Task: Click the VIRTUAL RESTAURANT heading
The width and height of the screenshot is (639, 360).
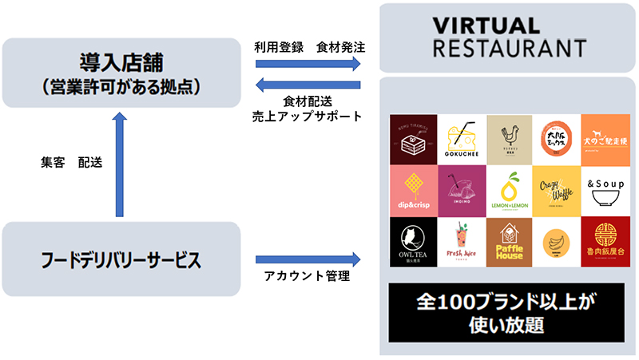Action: coord(509,37)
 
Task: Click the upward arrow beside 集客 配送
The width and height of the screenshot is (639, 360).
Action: coord(120,164)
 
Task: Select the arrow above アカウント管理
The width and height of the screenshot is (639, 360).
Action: coord(308,259)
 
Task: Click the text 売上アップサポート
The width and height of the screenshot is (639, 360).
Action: coord(308,116)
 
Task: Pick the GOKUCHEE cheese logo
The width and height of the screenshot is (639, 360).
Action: coord(462,139)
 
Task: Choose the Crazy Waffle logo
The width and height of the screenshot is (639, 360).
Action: coord(557,191)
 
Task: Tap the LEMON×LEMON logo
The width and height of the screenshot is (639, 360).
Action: coord(509,191)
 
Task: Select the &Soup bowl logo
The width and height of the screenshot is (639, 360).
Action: coord(605,191)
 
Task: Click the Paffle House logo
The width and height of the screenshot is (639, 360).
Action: coord(509,243)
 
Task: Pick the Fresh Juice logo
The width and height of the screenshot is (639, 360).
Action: coord(462,243)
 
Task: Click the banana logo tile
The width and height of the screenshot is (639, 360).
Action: coord(557,243)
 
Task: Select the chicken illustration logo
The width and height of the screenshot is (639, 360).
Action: coord(509,139)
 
